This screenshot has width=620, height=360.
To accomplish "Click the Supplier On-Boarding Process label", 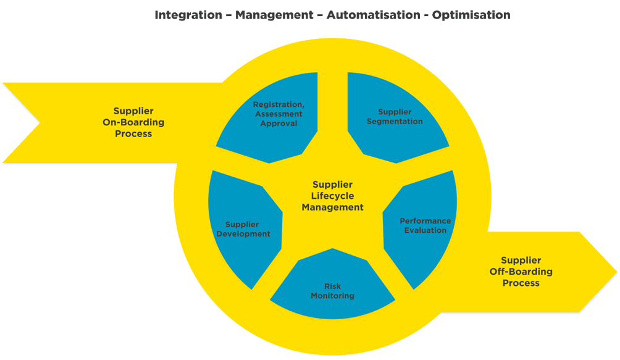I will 133,122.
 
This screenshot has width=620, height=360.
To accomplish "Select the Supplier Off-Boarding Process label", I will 521,272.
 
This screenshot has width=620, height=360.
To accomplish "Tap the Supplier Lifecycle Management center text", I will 332,196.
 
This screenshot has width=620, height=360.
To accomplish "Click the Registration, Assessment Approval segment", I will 278,114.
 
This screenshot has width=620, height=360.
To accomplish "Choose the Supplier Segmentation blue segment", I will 395,117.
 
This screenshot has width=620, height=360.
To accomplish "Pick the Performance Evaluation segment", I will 425,225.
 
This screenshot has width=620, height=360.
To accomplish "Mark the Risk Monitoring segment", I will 332,291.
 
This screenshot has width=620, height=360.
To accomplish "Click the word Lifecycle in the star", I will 332,196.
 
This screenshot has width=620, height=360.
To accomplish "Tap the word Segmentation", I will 395,122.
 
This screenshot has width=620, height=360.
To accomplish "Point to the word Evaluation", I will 425,230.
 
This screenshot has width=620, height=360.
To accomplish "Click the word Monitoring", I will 332,296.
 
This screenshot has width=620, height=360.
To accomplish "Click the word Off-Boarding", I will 521,272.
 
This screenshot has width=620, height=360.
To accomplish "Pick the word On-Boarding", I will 133,122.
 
